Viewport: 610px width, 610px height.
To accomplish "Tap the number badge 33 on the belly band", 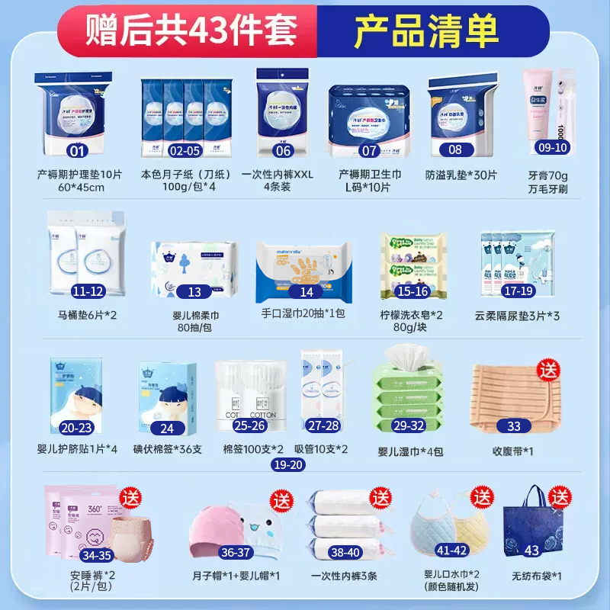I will pos(514,427).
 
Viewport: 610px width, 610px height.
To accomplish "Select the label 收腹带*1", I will pos(512,450).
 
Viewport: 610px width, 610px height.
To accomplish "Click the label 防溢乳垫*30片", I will pos(461,175).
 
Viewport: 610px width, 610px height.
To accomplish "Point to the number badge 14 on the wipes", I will pos(307,291).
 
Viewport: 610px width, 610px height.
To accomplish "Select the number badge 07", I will pos(370,150).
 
